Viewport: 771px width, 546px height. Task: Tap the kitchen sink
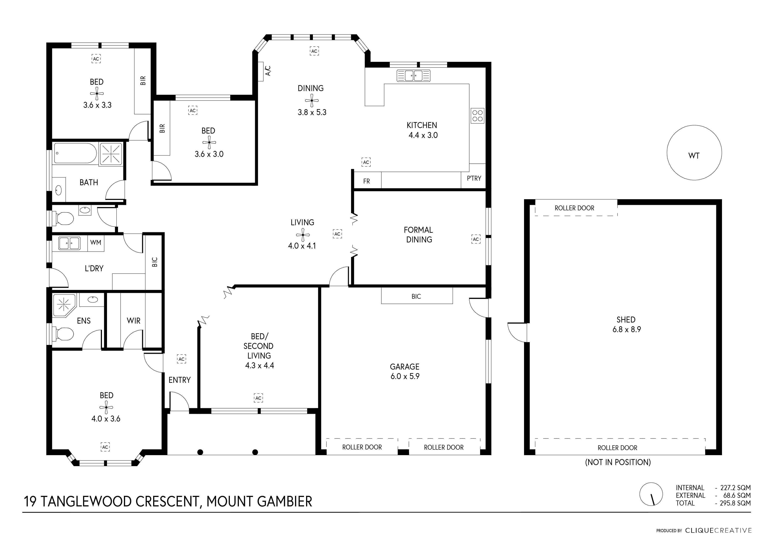[x=413, y=76]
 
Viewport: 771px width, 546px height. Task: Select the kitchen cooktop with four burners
[x=477, y=116]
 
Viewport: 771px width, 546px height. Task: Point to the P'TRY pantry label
[x=474, y=178]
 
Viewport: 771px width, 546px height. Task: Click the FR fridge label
[x=366, y=181]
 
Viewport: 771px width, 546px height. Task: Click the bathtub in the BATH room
[x=75, y=153]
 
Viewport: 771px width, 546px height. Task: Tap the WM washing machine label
[x=96, y=242]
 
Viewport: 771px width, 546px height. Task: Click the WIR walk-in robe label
[x=133, y=321]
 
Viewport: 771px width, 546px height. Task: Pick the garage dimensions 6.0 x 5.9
[x=405, y=376]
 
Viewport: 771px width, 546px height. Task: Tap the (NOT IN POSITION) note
[x=618, y=462]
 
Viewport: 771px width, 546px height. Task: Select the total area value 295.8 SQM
[x=735, y=503]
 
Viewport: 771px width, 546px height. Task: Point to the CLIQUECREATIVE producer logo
[x=718, y=531]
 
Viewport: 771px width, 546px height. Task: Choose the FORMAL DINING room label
[x=418, y=235]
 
